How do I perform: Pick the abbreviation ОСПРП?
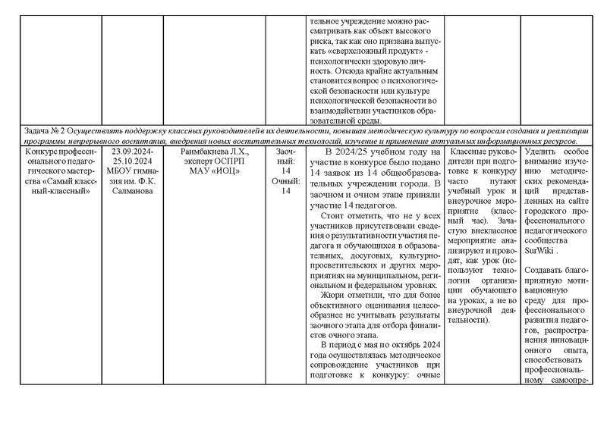point(228,161)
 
